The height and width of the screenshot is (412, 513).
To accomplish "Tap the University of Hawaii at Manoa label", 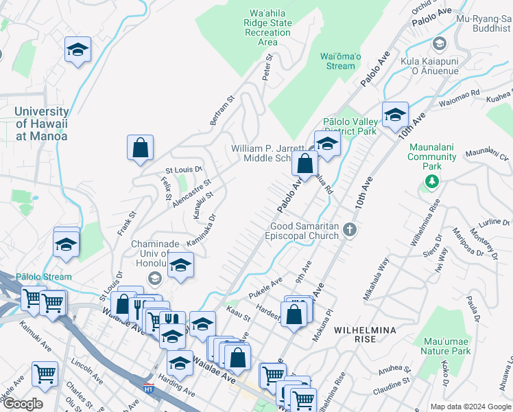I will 41,124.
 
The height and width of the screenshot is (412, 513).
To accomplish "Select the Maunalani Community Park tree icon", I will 432,181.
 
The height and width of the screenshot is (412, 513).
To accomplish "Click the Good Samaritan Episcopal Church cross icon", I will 350,229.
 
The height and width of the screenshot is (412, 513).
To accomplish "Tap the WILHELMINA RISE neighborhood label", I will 365,334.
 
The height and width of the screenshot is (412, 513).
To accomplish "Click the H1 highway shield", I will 148,389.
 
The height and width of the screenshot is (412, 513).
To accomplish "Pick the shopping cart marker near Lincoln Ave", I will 45,374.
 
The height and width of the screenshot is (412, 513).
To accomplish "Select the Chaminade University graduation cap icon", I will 155,278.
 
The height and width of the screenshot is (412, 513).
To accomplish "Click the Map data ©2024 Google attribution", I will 470,407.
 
